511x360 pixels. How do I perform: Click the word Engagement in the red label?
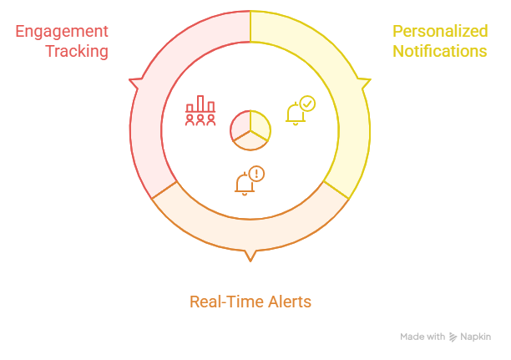pyautogui.click(x=61, y=32)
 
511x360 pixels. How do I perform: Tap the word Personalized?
pyautogui.click(x=440, y=32)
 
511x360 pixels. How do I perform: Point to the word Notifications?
pyautogui.click(x=440, y=51)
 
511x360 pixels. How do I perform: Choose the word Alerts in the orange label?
pyautogui.click(x=286, y=302)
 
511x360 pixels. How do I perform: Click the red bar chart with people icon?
pyautogui.click(x=200, y=112)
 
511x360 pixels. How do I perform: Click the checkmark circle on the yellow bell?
pyautogui.click(x=307, y=104)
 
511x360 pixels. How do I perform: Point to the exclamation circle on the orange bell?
pyautogui.click(x=257, y=173)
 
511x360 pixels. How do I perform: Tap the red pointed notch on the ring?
pyautogui.click(x=134, y=83)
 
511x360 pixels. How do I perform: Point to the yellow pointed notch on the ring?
pyautogui.click(x=366, y=83)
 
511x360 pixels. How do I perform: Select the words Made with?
pyautogui.click(x=422, y=337)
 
